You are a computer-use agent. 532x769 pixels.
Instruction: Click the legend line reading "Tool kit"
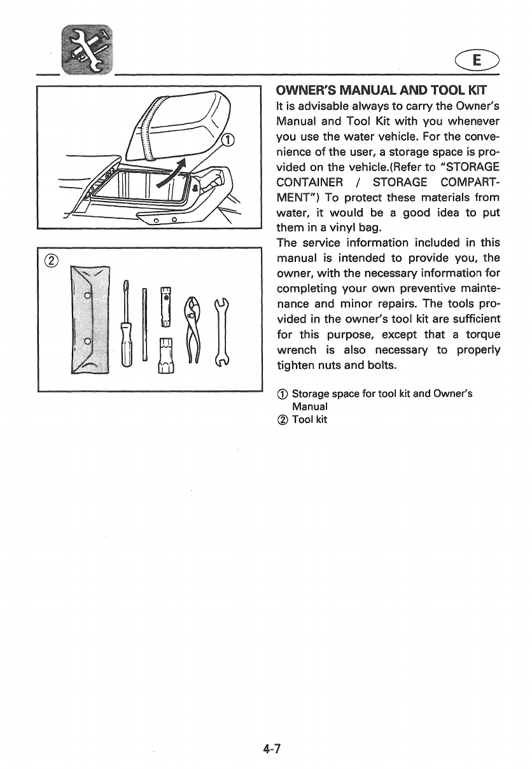pos(309,419)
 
